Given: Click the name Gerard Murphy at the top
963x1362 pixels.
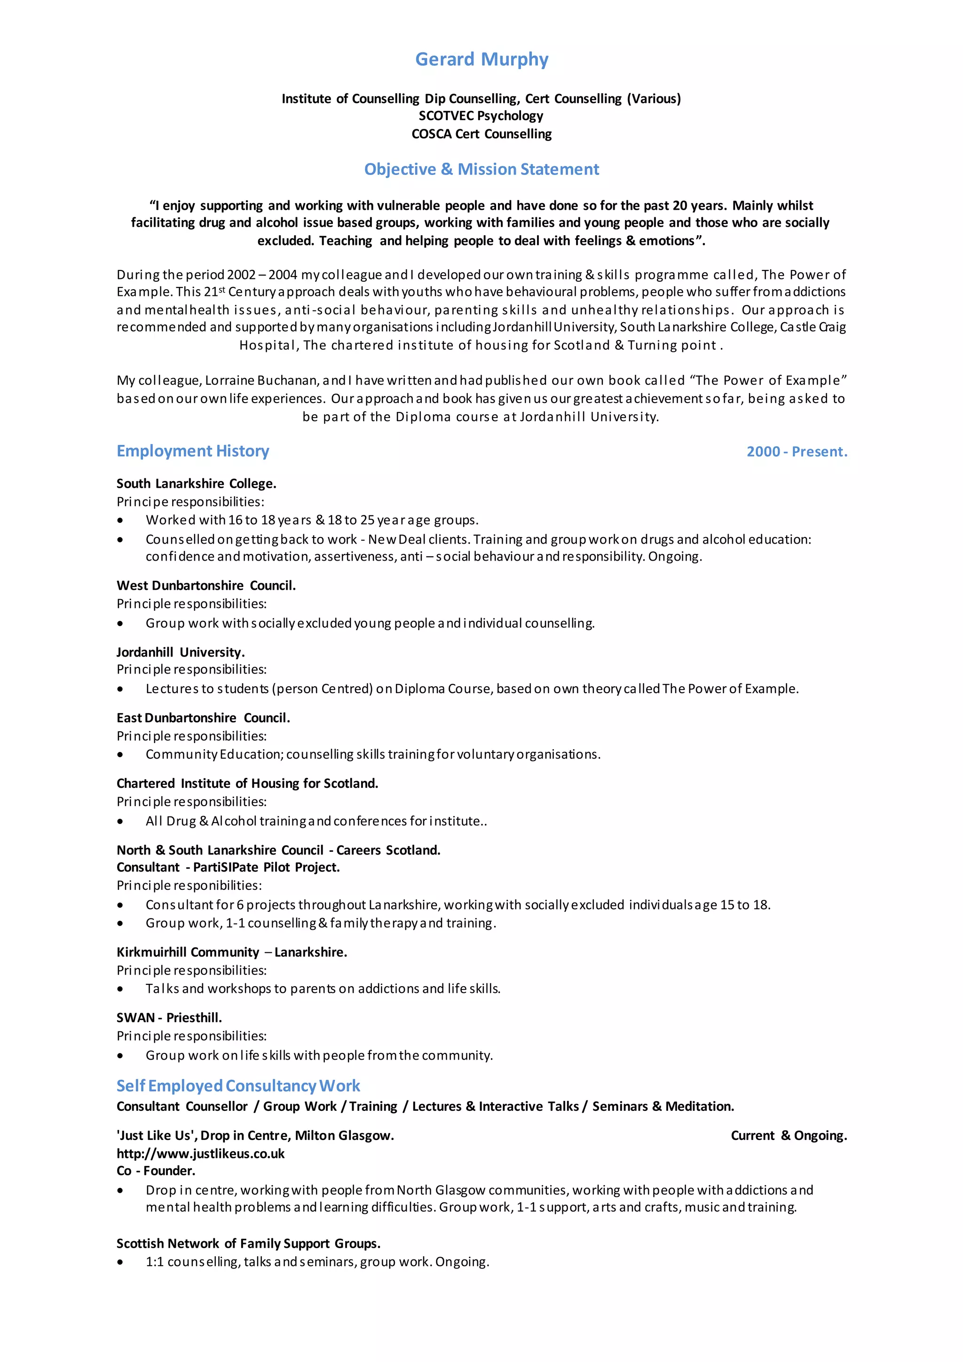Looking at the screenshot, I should click(481, 59).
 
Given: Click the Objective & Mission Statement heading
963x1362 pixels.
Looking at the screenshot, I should click(481, 170).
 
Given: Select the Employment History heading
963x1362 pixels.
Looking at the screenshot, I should click(193, 451).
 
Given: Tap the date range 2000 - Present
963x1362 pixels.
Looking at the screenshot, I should click(797, 452).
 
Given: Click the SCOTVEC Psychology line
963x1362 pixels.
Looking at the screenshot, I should click(481, 116).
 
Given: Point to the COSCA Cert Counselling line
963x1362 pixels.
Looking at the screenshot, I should click(481, 134).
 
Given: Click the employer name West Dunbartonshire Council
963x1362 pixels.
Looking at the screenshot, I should click(206, 586).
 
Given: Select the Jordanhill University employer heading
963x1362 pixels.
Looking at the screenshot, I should click(180, 652).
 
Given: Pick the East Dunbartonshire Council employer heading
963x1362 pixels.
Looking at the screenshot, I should click(203, 718).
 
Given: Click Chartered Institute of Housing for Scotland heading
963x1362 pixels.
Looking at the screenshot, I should click(247, 784).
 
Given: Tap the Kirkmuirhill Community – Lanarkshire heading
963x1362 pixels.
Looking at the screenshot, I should click(232, 952).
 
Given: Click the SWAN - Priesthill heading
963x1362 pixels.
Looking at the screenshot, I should click(169, 1018).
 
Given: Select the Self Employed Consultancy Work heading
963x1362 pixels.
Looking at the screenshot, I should click(238, 1086).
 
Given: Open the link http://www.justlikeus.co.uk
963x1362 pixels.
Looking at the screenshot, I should click(200, 1154).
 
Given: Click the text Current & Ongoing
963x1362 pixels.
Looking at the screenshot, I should click(789, 1136).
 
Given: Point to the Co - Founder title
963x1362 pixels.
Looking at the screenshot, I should click(156, 1171).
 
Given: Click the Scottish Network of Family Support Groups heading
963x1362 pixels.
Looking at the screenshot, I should click(248, 1243).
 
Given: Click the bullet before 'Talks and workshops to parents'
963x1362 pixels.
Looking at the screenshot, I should click(120, 989).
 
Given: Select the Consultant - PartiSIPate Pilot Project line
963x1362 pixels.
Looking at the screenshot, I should click(229, 867).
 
